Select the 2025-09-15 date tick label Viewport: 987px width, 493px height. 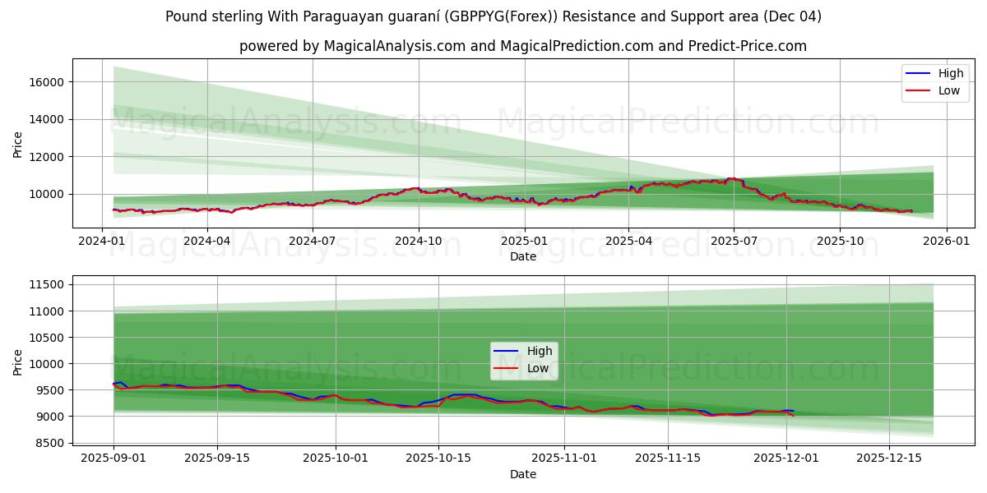pos(217,458)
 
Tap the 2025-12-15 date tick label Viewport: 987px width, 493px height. pos(889,458)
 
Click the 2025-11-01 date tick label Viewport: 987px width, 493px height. pos(564,458)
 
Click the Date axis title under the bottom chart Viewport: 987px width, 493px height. pos(523,474)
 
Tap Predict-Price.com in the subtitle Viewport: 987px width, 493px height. pos(748,46)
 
